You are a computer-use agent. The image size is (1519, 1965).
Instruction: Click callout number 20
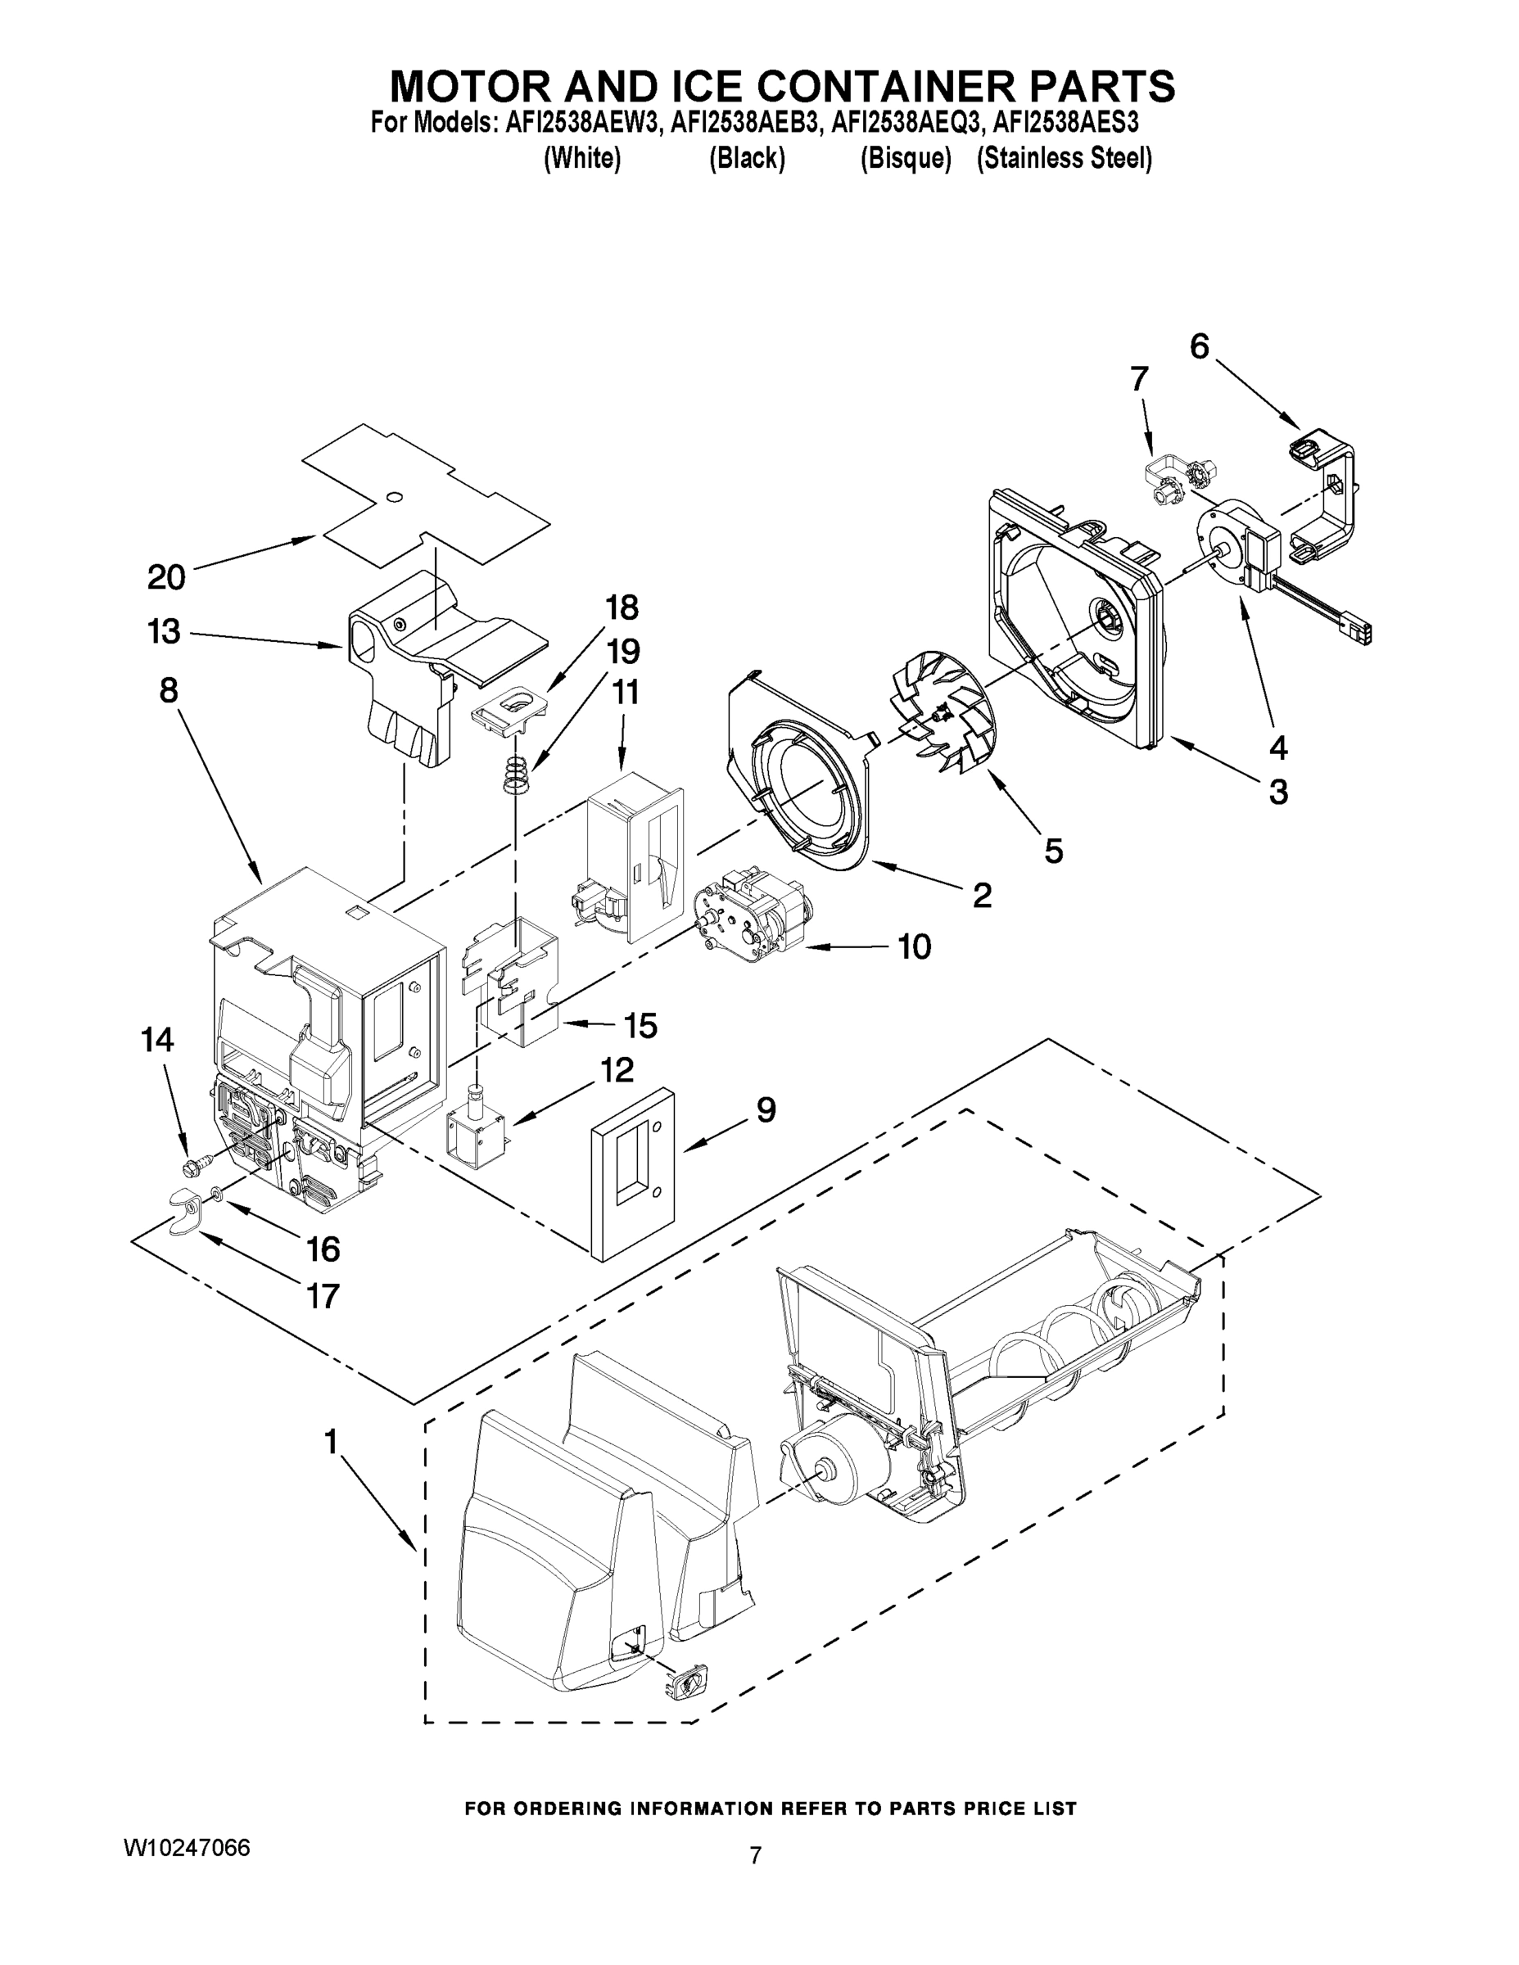[x=166, y=577]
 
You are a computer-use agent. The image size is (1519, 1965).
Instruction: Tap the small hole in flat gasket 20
[x=393, y=498]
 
